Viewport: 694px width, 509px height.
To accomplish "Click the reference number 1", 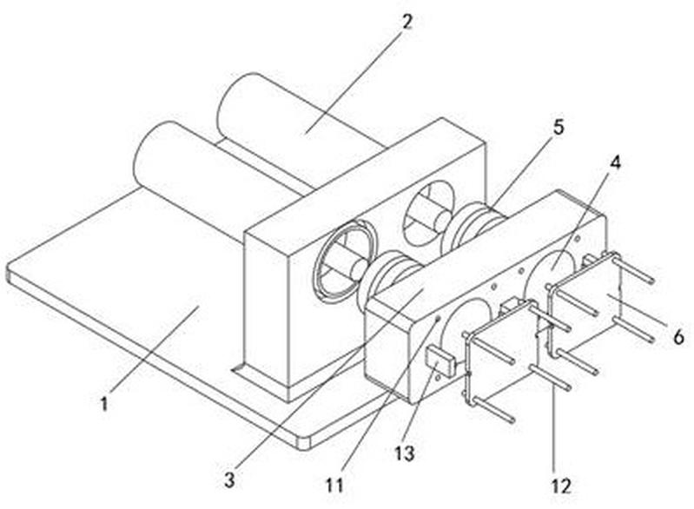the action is (104, 404).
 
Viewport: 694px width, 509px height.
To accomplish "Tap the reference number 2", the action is (406, 22).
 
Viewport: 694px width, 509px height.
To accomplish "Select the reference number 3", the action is (228, 479).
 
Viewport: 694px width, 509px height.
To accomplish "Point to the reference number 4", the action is (615, 163).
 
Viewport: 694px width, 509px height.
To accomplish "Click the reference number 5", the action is (559, 128).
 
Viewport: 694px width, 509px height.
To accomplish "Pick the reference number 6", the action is (678, 337).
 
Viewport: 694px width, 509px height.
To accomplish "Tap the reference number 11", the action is (334, 486).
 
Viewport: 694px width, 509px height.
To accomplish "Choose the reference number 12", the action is (560, 486).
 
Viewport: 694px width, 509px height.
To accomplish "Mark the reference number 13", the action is (405, 453).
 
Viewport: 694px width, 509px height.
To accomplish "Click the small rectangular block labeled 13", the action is (440, 361).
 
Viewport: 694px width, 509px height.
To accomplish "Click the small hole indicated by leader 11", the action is (437, 318).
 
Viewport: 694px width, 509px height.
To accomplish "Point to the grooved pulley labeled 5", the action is (477, 225).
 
